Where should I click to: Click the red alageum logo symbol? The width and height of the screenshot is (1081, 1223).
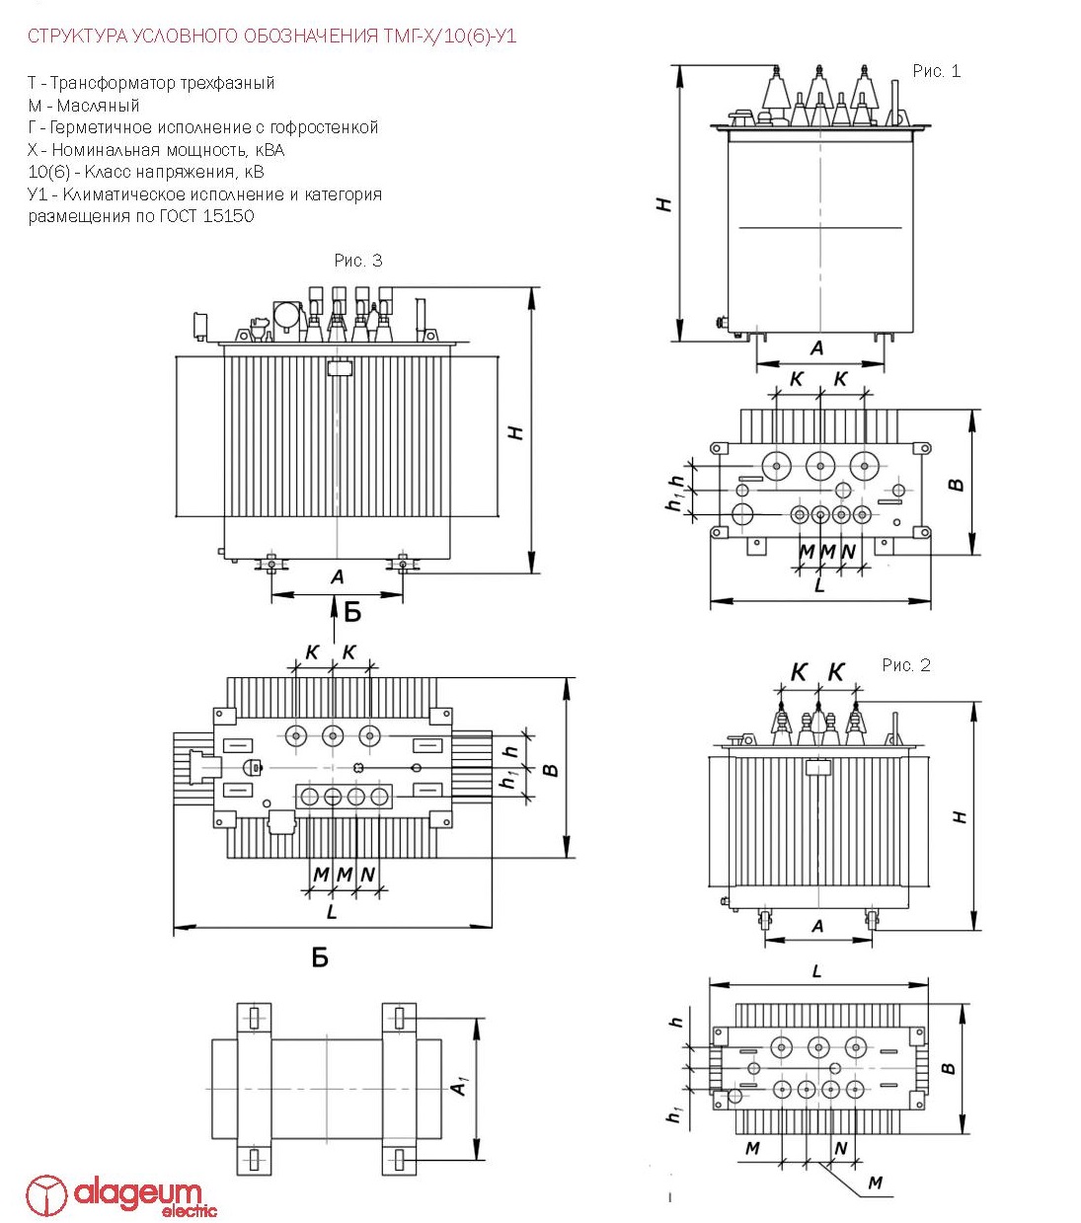(x=45, y=1195)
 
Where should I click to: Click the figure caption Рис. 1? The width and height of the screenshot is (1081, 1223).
(x=936, y=71)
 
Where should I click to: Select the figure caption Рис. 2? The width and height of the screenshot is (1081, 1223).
(x=906, y=665)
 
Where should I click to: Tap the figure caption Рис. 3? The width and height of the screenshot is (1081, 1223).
(x=357, y=261)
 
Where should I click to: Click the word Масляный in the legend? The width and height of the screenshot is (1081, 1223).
(x=98, y=106)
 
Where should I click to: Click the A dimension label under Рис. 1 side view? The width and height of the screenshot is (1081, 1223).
(x=816, y=347)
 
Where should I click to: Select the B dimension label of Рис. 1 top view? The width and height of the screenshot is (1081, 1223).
(x=956, y=485)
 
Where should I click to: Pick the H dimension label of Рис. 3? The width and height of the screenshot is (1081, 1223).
(x=515, y=432)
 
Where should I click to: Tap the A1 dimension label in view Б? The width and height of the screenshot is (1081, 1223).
(x=459, y=1087)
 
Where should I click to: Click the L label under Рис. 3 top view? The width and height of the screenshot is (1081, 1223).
(x=332, y=912)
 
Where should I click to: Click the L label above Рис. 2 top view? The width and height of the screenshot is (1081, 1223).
(x=817, y=971)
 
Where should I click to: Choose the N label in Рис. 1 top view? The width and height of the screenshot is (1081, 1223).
(x=848, y=552)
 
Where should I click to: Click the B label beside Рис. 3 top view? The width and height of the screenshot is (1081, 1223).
(x=552, y=769)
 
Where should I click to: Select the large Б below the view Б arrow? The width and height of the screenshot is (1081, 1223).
(x=320, y=957)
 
